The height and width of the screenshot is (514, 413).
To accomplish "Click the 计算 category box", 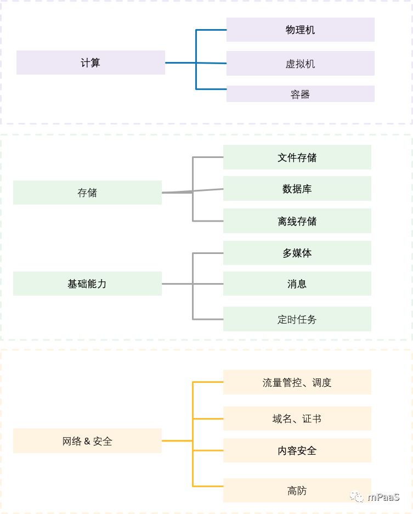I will click(90, 63).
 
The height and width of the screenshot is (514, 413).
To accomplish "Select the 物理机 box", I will click(300, 30).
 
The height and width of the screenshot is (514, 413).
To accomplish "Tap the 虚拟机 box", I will click(300, 64).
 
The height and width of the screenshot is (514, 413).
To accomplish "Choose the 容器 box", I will click(300, 94).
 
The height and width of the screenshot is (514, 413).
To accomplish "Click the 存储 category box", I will click(87, 193).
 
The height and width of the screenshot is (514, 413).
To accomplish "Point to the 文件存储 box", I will click(297, 157).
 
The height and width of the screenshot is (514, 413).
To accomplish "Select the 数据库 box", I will click(297, 189).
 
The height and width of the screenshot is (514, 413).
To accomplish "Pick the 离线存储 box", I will click(297, 221).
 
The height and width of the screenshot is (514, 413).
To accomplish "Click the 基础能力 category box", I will click(87, 284).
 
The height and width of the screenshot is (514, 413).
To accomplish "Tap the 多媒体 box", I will click(297, 253).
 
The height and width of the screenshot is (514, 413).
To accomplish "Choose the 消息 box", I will click(297, 284).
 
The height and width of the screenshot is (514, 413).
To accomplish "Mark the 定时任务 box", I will click(297, 319).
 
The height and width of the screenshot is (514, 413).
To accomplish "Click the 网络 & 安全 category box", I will click(87, 441).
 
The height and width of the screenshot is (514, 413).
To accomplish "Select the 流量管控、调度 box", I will click(297, 382).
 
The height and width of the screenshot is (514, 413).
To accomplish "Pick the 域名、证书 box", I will click(297, 419).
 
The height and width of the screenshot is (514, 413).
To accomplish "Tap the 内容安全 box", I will click(297, 450).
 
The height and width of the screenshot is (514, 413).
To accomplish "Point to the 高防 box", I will click(297, 490).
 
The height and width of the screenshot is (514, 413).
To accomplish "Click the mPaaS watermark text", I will click(383, 497).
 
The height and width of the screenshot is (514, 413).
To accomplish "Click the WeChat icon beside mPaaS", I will click(358, 497).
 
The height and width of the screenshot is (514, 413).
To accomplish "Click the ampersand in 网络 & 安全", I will click(87, 441).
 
